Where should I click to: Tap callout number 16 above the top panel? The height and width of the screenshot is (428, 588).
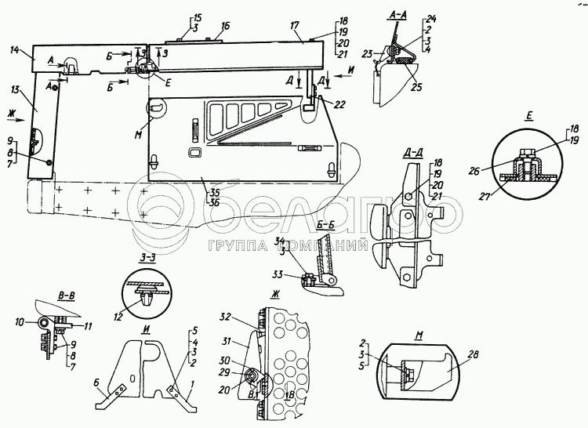(225, 26)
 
